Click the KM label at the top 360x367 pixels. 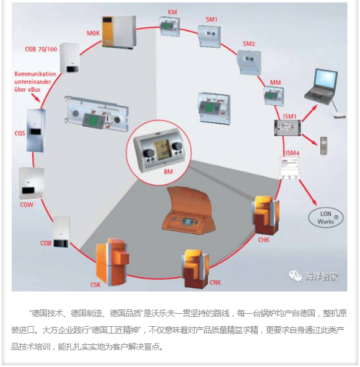click(x=172, y=12)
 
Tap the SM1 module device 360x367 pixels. click(x=209, y=36)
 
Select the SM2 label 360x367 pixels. click(x=249, y=43)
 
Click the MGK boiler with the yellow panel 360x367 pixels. click(x=119, y=32)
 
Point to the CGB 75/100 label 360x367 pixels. click(x=41, y=49)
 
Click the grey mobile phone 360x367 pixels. click(x=323, y=145)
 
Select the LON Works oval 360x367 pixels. click(x=326, y=218)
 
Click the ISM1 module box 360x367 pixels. click(x=288, y=127)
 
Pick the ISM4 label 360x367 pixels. click(x=292, y=153)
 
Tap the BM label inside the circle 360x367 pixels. click(x=169, y=172)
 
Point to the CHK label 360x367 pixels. click(x=264, y=240)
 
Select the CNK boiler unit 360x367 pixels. click(x=195, y=269)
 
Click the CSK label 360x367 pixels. click(x=95, y=285)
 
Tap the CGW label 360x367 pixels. click(x=27, y=205)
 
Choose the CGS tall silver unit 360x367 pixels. click(x=35, y=131)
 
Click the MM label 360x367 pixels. click(x=275, y=83)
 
